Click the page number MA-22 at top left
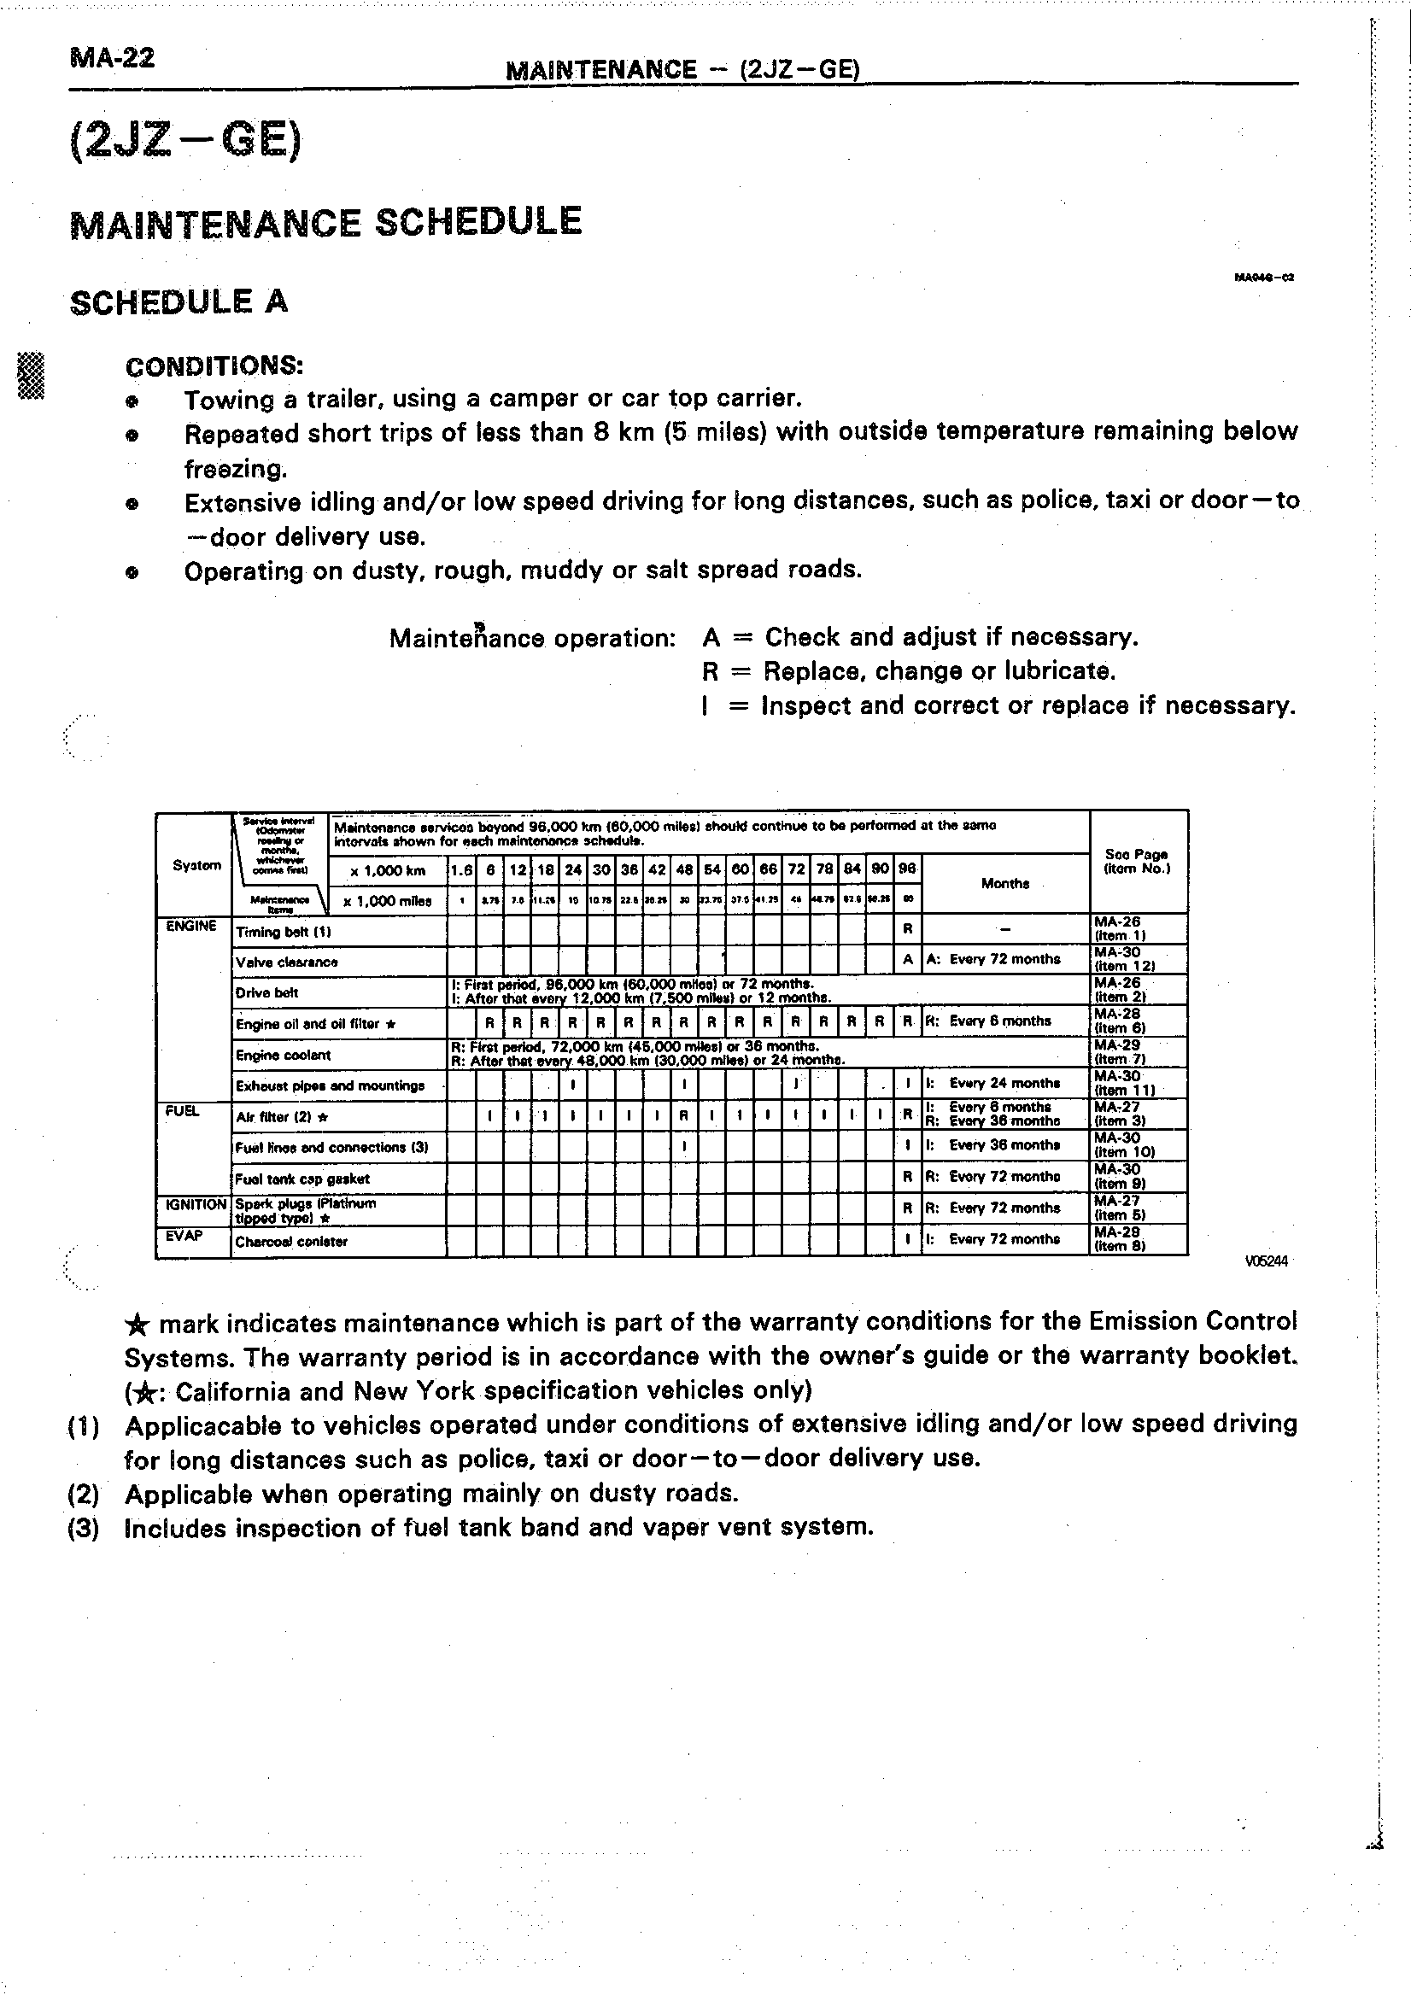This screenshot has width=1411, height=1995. tap(112, 59)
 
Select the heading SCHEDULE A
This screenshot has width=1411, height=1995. tap(179, 302)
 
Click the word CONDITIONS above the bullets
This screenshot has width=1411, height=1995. tap(214, 366)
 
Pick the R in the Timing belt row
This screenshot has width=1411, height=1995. tap(907, 929)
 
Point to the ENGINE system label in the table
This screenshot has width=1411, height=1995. tap(191, 927)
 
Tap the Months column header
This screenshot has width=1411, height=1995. tap(1004, 884)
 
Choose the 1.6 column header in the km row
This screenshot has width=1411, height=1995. tap(461, 869)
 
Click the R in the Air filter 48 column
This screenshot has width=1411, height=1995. tap(684, 1115)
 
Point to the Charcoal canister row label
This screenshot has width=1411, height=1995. tap(291, 1242)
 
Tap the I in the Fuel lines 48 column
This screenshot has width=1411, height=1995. tap(684, 1146)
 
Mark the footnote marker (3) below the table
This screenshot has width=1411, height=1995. tap(84, 1529)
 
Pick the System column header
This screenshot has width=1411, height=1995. tap(196, 865)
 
